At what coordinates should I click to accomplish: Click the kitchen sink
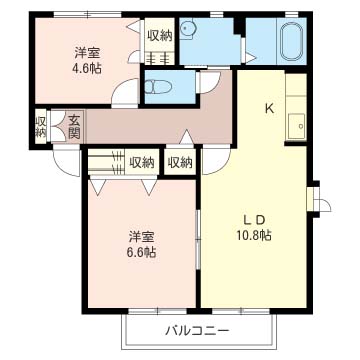(297, 126)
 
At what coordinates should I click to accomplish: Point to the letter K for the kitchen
(269, 109)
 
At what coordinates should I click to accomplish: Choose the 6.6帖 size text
(141, 253)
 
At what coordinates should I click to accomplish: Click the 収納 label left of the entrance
(41, 126)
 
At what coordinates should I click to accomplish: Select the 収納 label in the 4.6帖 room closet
(159, 35)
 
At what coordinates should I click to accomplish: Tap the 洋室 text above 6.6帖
(141, 237)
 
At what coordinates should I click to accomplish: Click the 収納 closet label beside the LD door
(180, 162)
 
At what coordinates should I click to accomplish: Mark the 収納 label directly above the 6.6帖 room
(141, 162)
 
